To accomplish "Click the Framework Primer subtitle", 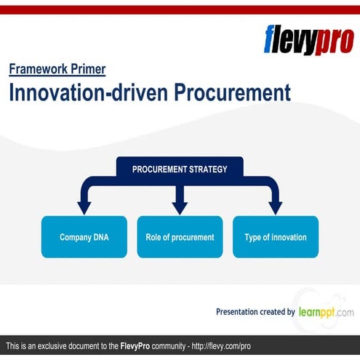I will point(57,70).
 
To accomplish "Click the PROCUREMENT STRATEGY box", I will point(180,169).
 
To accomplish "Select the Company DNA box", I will point(84,237).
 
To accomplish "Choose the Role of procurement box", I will point(180,237).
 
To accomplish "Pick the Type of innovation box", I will point(275,237).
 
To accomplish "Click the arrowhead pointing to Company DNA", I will point(84,208).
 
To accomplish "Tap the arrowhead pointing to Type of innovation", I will point(275,208).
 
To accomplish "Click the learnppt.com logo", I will point(326,312).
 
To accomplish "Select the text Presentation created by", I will point(255,312).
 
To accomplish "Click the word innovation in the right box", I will point(286,237).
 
